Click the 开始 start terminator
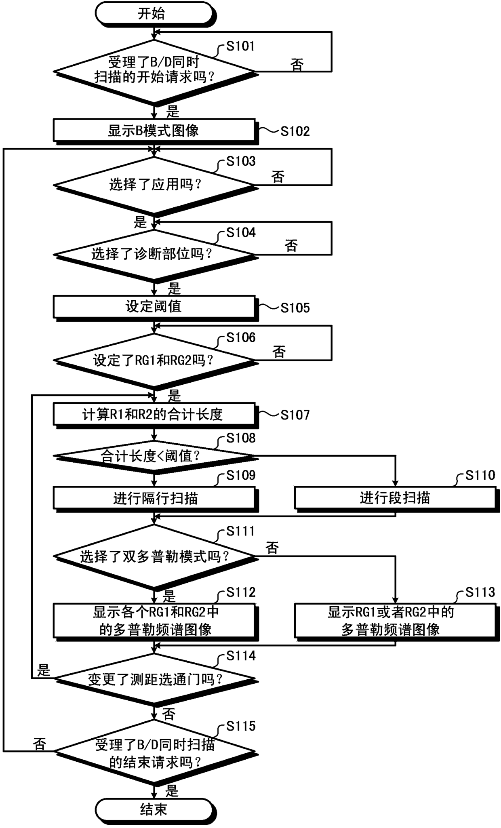154,14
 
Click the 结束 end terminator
154,809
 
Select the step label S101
240,46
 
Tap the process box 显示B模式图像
154,131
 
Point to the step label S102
295,131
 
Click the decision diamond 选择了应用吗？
154,185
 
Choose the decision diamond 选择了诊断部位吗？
154,255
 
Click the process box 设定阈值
154,307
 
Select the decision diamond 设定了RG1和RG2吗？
154,360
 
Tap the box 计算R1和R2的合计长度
154,415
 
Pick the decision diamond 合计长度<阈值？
154,456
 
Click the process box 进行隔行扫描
154,498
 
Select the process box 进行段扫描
395,498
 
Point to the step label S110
480,475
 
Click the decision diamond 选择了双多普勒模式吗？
154,557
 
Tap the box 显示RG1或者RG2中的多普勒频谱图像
395,621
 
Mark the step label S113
480,592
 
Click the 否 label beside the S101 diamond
297,65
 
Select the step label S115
241,726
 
